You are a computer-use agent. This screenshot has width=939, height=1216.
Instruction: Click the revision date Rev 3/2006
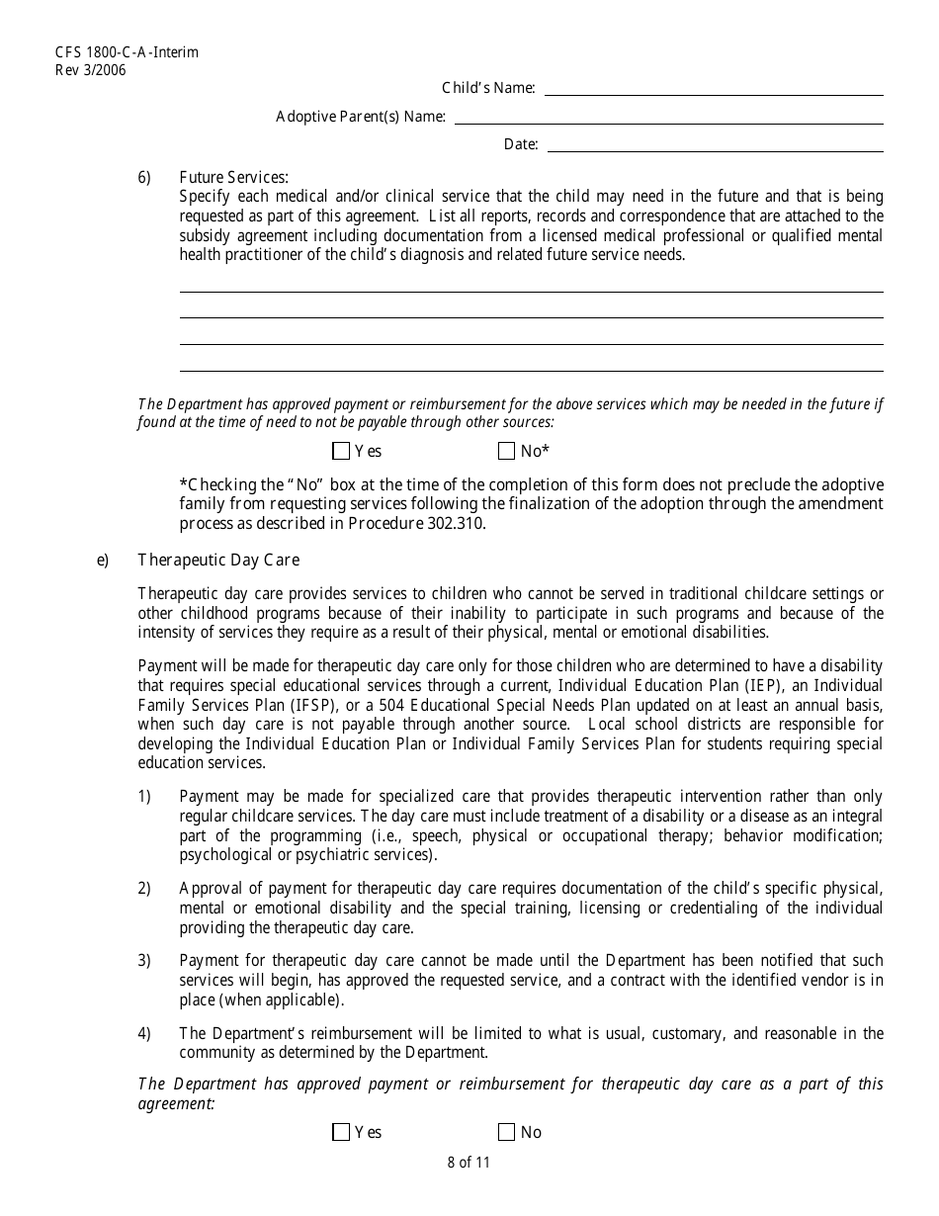click(91, 69)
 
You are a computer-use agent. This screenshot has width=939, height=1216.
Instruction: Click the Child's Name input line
click(714, 89)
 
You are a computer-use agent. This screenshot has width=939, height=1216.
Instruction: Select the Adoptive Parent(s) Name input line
click(668, 118)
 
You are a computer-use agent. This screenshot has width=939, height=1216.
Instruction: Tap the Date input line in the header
click(715, 145)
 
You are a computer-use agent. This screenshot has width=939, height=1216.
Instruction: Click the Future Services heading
click(233, 178)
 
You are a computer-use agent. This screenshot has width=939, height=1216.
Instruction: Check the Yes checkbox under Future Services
click(341, 452)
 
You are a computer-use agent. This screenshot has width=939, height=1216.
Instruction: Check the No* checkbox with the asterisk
click(507, 452)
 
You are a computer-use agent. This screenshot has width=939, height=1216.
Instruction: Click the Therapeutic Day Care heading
click(218, 561)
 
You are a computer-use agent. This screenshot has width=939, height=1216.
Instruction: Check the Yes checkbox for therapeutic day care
click(341, 1132)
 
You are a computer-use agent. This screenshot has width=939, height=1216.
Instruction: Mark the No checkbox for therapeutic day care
click(507, 1132)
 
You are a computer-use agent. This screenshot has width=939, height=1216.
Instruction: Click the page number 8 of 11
click(469, 1163)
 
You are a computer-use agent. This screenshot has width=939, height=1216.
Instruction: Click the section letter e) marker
click(103, 561)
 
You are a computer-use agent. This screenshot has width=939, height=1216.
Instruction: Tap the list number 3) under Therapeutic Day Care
click(144, 961)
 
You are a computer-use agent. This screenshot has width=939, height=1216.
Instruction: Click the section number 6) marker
click(144, 178)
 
